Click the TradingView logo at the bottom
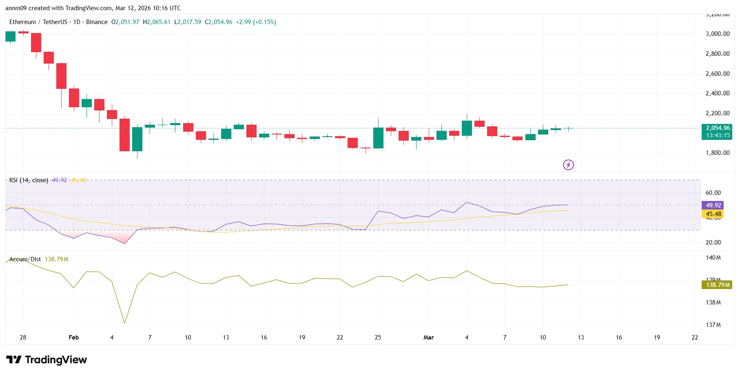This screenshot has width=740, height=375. (x=47, y=360)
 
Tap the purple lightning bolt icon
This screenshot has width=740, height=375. (x=568, y=165)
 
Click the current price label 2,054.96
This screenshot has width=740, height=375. (x=717, y=128)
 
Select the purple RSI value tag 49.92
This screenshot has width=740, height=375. (x=713, y=205)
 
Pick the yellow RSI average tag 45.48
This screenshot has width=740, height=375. (x=713, y=214)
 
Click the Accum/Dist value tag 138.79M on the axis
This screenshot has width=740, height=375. (x=718, y=285)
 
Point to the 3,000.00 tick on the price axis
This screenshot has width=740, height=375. (x=717, y=34)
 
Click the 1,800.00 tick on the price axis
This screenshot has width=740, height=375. (x=717, y=153)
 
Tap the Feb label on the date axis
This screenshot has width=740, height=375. (x=74, y=337)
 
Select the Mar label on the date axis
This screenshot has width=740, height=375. (x=428, y=337)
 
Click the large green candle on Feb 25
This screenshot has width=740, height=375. (x=378, y=138)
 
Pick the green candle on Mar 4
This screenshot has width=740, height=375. (x=467, y=128)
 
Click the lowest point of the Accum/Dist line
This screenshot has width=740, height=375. (x=124, y=323)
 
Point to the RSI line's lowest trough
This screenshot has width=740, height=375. (x=124, y=244)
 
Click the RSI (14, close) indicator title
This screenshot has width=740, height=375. (x=29, y=180)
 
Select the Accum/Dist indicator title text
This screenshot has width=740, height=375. (x=25, y=259)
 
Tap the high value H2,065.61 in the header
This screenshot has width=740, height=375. (x=157, y=22)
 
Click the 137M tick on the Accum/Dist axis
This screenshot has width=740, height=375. (x=713, y=325)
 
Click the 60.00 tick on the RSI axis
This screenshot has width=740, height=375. (x=713, y=193)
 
